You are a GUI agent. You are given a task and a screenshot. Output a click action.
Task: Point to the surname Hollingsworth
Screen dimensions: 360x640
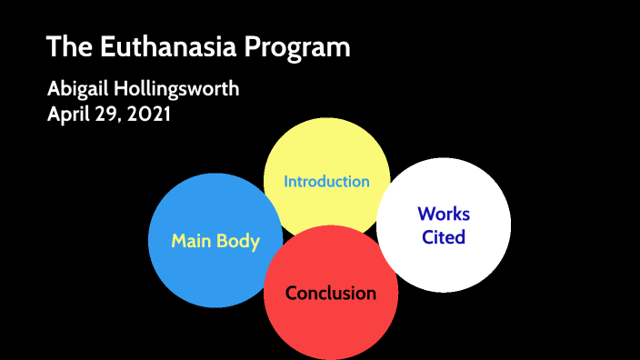(179, 90)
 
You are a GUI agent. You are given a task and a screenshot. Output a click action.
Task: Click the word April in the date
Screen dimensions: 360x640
(69, 115)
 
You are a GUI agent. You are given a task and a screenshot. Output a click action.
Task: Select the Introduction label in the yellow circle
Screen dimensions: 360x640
(326, 181)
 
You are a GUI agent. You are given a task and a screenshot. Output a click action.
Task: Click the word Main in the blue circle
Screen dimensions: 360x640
(190, 241)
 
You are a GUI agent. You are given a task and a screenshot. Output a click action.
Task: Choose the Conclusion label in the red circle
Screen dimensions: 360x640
(331, 293)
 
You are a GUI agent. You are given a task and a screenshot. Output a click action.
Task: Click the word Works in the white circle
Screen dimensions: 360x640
(444, 215)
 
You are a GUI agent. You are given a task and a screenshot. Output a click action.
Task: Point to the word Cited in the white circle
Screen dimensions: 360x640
(444, 237)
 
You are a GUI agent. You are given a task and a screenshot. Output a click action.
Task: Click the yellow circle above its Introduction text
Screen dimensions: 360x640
(326, 145)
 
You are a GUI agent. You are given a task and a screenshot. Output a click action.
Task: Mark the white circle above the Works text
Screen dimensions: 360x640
(444, 182)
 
